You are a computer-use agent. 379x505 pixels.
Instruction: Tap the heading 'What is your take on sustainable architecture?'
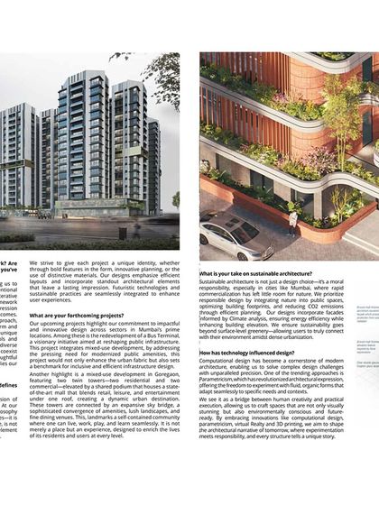pos(255,273)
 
